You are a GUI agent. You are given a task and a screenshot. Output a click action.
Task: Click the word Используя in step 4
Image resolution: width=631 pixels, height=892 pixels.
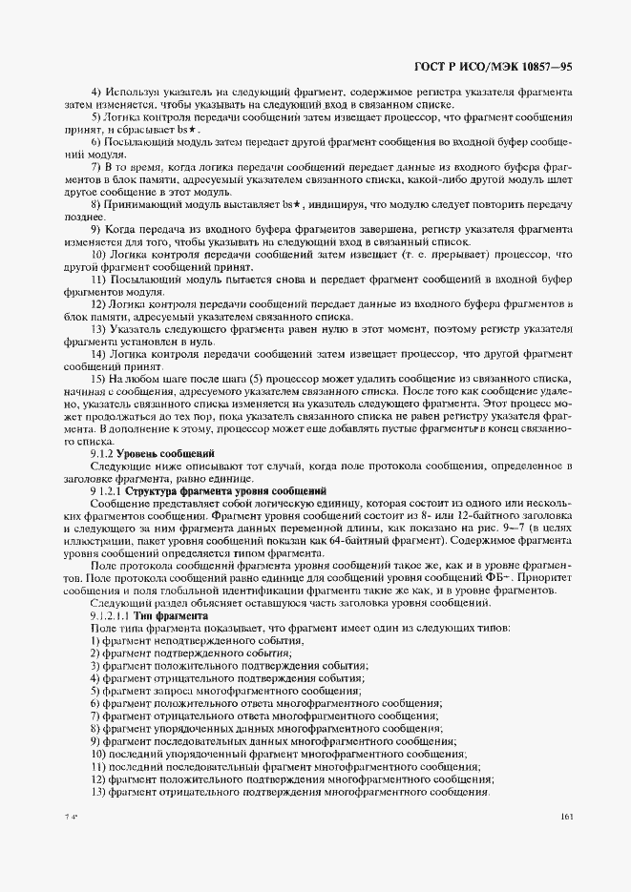[135, 92]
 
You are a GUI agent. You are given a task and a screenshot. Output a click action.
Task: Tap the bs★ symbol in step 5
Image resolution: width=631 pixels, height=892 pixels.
[189, 129]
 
